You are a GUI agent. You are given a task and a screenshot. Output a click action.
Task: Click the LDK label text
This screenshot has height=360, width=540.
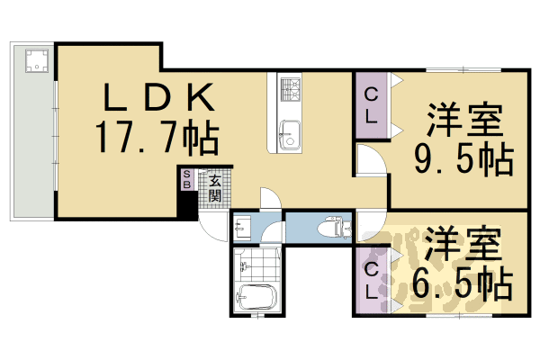click(x=157, y=96)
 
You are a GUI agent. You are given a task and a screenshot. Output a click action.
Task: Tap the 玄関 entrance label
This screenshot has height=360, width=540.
click(x=215, y=187)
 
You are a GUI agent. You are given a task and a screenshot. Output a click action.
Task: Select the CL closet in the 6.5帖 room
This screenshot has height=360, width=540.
click(x=371, y=280)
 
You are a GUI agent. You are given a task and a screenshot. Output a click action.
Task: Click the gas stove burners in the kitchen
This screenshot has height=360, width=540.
click(x=291, y=88)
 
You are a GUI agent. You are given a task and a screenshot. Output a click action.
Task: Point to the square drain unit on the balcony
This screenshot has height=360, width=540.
click(x=37, y=61)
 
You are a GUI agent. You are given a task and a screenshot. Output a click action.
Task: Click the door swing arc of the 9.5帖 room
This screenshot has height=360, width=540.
click(x=369, y=162)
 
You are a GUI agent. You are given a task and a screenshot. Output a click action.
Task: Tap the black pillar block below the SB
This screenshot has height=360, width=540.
click(x=187, y=205)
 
